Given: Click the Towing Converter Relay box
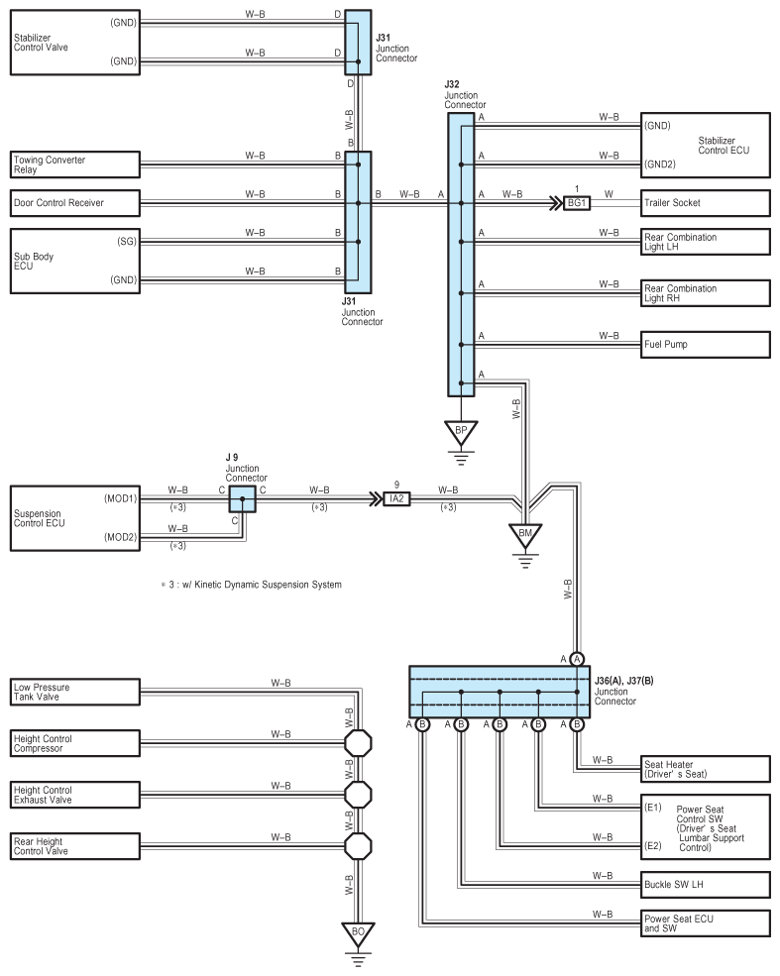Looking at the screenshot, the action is click(x=75, y=164).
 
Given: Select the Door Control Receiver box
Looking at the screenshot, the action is click(x=75, y=203).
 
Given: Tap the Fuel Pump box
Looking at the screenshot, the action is click(x=706, y=344).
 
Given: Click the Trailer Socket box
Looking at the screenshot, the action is click(x=706, y=203).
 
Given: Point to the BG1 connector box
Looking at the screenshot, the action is click(x=577, y=203).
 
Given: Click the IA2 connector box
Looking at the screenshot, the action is click(x=396, y=498).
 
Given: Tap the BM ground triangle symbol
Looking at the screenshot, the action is click(x=525, y=535).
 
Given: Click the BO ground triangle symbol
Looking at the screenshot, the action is click(x=358, y=933).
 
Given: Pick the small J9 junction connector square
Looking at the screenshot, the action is click(x=242, y=499).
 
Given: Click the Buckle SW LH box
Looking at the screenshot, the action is click(x=706, y=885).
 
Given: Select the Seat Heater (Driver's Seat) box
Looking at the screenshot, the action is click(x=706, y=769).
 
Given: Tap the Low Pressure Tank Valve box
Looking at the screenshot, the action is click(x=75, y=692).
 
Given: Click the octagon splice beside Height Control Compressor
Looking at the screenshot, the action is click(x=358, y=743).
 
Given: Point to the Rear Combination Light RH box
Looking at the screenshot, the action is click(x=706, y=293).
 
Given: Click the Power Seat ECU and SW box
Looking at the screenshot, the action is click(x=706, y=923).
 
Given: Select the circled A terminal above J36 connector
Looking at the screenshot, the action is click(x=577, y=659).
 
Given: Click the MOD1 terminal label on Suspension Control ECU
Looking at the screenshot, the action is click(x=120, y=498).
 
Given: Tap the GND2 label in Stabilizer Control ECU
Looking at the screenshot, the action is click(x=660, y=164).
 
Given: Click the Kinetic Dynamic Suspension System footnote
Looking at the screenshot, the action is click(x=252, y=585).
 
